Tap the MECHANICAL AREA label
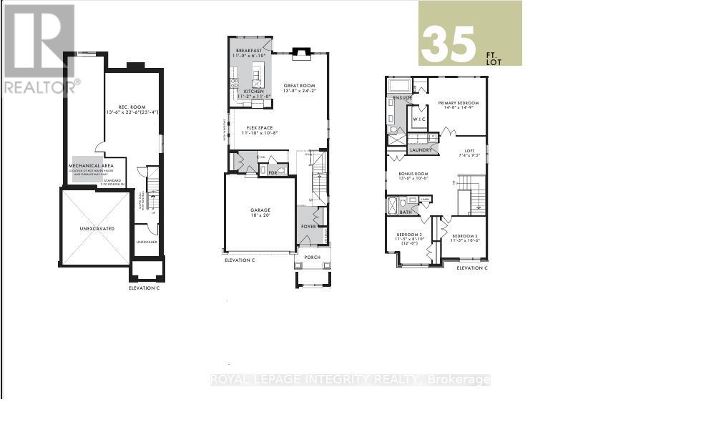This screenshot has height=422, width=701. tap(97, 165)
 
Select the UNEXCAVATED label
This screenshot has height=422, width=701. tap(97, 228)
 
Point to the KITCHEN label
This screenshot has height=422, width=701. tap(254, 92)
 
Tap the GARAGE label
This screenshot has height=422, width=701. tap(260, 211)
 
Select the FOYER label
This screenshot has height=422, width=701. tap(308, 226)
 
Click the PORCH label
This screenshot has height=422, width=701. tap(313, 257)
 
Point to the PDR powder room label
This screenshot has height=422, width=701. tap(273, 172)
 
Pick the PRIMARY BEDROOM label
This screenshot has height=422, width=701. tap(458, 103)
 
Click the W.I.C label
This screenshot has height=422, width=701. tap(417, 119)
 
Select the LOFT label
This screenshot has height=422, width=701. tap(469, 151)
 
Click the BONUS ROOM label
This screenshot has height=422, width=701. tap(413, 174)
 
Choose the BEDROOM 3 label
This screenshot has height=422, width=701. tap(410, 235)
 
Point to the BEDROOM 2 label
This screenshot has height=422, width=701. tap(464, 235)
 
